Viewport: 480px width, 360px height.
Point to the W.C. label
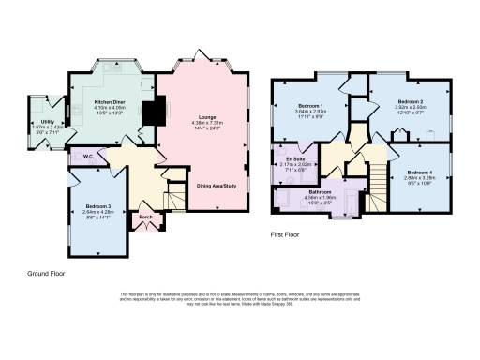87,157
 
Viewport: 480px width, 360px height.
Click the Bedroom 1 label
310,105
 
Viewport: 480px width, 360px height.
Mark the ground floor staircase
175,197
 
